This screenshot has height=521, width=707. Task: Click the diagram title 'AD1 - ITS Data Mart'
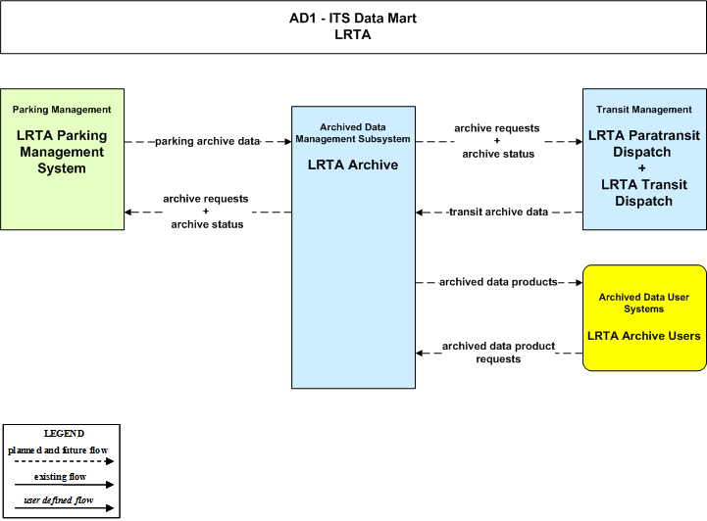click(353, 18)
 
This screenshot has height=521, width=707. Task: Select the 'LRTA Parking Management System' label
click(62, 152)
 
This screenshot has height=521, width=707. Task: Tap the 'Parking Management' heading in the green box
click(62, 110)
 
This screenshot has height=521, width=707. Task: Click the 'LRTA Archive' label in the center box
click(353, 165)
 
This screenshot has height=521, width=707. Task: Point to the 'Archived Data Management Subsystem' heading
click(353, 133)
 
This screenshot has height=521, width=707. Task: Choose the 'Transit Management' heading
click(644, 110)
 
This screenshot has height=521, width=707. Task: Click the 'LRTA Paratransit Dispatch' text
click(644, 143)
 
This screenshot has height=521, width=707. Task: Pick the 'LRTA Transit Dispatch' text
click(644, 193)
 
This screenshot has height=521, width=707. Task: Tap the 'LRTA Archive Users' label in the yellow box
click(644, 336)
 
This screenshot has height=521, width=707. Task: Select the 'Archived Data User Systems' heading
click(644, 303)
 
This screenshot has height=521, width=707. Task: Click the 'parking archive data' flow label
click(208, 141)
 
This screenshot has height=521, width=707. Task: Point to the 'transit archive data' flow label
click(499, 212)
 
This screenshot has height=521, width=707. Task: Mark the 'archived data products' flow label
click(499, 282)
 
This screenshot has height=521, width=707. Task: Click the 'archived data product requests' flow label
click(499, 353)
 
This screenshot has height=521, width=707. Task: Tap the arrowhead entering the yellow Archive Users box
click(579, 282)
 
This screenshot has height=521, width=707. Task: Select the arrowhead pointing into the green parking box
click(128, 213)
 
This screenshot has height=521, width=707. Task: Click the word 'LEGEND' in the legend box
click(64, 434)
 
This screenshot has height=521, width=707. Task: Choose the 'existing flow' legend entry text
click(60, 476)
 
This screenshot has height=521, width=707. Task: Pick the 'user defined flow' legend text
click(59, 500)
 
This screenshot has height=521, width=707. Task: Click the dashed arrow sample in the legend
click(64, 461)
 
